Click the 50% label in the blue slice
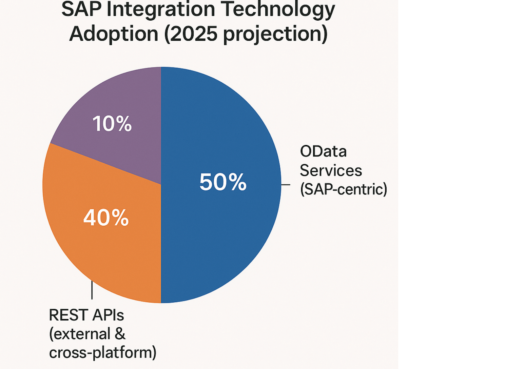223,182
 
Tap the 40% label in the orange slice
106,218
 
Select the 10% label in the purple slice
112,124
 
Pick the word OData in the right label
323,151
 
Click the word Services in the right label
331,170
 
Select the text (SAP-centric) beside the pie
343,189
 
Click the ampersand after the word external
120,334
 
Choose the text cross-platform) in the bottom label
102,352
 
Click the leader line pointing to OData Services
286,185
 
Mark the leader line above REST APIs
92,290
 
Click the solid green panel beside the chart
461,184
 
